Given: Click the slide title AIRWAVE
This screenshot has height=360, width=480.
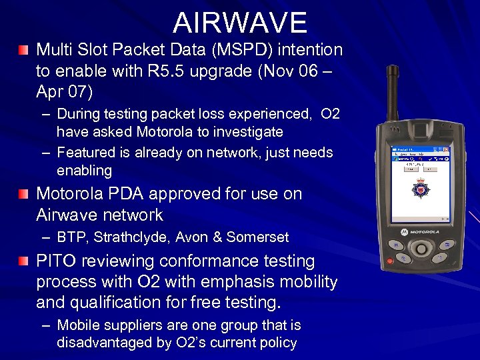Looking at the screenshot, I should [x=240, y=23].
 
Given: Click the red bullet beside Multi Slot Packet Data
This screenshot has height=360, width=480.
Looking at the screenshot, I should [x=24, y=50].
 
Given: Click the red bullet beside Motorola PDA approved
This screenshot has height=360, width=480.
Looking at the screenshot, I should [x=24, y=195].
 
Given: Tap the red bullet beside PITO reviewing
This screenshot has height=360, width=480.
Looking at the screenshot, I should [x=24, y=261].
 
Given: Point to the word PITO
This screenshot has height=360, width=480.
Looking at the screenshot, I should [x=57, y=261].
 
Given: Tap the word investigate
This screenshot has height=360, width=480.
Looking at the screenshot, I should [x=247, y=132].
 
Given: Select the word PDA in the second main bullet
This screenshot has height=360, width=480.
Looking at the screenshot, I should [x=143, y=194].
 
